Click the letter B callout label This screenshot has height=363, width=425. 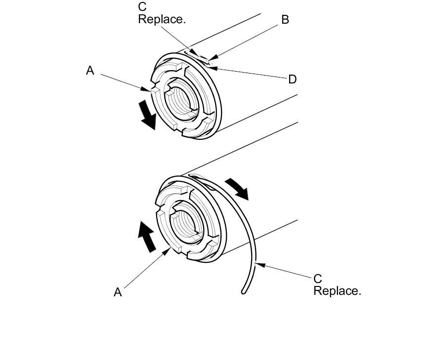[285, 20]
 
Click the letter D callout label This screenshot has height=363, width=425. [292, 80]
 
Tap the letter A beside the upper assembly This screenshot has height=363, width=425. [90, 71]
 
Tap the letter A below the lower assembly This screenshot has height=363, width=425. [118, 292]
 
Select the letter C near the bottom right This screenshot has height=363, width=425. [318, 279]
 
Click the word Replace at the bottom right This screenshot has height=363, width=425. [337, 291]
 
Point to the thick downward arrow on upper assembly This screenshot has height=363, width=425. [147, 114]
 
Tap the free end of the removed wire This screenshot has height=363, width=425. [244, 292]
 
